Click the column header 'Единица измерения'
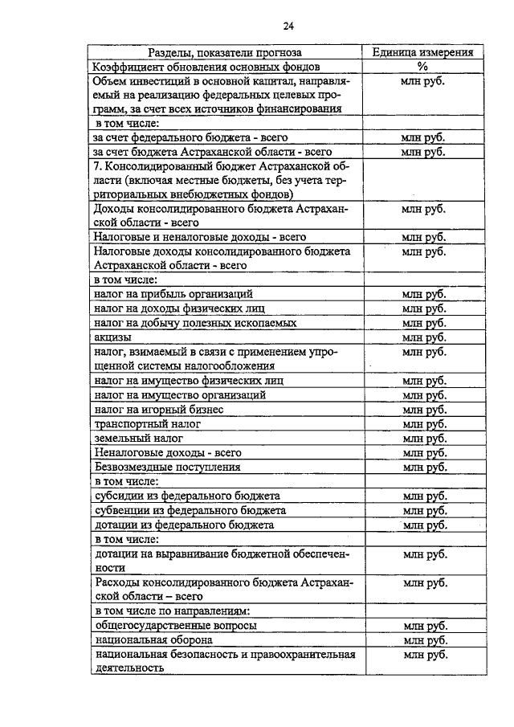tap(422, 52)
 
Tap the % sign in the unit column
tap(422, 67)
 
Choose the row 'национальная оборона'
tap(153, 640)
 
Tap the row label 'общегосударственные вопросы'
tap(176, 626)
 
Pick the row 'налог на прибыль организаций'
tap(174, 294)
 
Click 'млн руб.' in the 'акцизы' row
tap(423, 337)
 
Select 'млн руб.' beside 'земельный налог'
tap(423, 438)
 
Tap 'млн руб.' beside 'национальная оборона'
tap(423, 640)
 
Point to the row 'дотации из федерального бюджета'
tap(184, 525)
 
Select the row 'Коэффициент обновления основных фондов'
tap(206, 67)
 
